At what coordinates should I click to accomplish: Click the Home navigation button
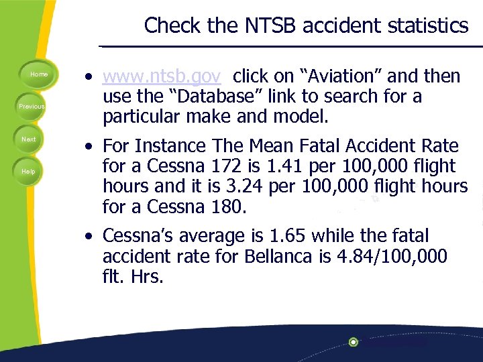pos(39,74)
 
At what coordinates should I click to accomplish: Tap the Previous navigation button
pos(32,107)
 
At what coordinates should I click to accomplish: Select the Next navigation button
pos(29,139)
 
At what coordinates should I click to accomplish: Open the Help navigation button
pos(28,172)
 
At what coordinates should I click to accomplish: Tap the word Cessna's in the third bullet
pos(140,236)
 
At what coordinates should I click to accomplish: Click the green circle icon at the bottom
pos(354,342)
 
